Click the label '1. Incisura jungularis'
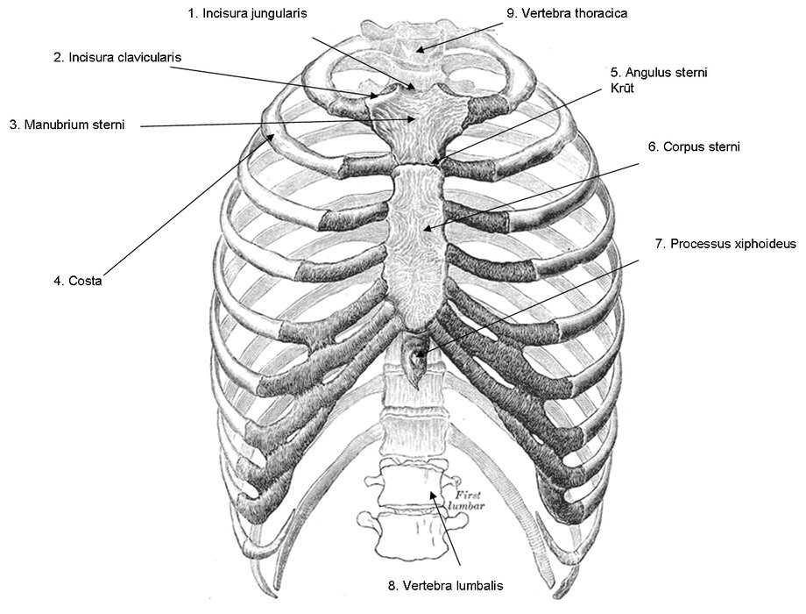(x=247, y=13)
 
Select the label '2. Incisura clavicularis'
(x=117, y=57)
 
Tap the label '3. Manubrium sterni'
(x=67, y=125)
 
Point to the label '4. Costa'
(x=78, y=281)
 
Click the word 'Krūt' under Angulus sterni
(x=622, y=88)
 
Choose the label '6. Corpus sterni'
(x=694, y=146)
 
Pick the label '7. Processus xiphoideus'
(x=725, y=244)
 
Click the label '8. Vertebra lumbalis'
(x=446, y=585)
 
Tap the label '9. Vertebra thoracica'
(x=567, y=13)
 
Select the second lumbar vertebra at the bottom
(x=411, y=535)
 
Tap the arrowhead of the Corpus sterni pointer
(x=426, y=229)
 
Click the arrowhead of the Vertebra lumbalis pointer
(x=433, y=493)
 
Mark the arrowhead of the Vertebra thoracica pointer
(x=419, y=51)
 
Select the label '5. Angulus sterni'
(x=659, y=73)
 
